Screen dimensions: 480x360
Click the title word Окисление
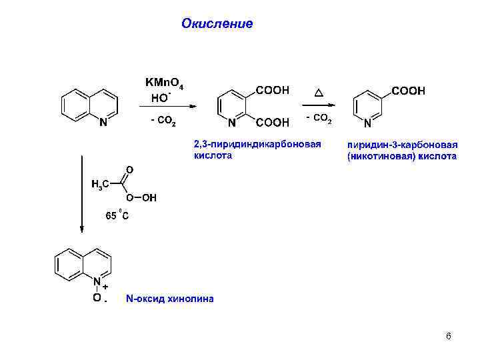pos(217,24)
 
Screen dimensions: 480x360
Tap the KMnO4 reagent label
pos(169,83)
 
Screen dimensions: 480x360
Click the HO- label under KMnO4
pos(160,97)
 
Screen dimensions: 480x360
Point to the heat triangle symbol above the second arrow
pos(318,91)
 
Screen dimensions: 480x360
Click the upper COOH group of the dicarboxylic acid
pos(273,90)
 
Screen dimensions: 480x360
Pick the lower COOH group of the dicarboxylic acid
pos(273,122)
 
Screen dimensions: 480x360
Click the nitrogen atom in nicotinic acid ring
pos(368,124)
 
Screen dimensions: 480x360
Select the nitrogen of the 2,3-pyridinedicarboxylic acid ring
pos(231,123)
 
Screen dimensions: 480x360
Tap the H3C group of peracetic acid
pos(101,183)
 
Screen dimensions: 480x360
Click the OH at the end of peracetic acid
pos(149,197)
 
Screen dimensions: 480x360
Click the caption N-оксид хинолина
pos(169,299)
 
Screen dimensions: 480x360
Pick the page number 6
pos(448,336)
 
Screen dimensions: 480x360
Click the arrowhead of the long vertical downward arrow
pos(81,228)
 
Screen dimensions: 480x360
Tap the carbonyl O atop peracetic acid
pos(129,169)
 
